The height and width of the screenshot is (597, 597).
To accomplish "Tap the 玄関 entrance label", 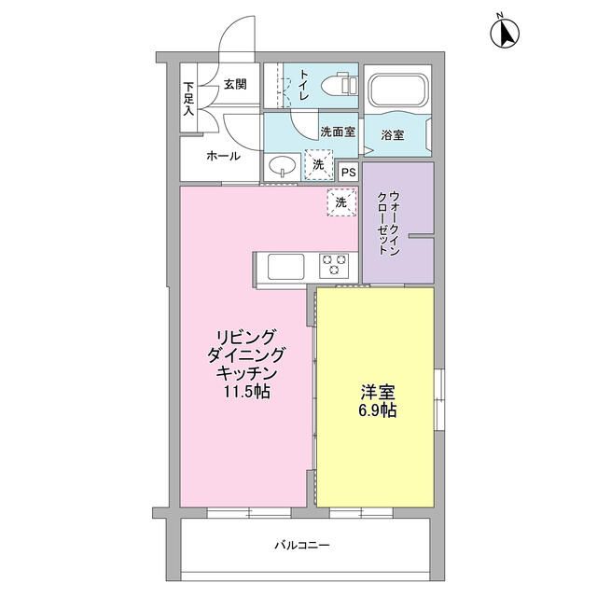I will tap(235, 85).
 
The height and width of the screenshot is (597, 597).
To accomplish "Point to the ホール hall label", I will tap(223, 155).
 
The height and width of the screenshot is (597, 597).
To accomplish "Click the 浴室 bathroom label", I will tap(392, 135).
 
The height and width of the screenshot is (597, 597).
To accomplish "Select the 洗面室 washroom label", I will tap(337, 132).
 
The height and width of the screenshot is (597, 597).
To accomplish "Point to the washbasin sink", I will tap(283, 167).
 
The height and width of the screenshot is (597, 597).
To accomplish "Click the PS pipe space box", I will tap(348, 172).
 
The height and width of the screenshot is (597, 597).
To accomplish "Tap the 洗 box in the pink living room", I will tap(341, 202).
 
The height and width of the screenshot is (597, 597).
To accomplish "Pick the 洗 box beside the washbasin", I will tap(318, 165).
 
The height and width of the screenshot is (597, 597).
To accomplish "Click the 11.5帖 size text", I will tap(246, 391).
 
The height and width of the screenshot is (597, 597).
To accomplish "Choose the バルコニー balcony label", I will tap(302, 544).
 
